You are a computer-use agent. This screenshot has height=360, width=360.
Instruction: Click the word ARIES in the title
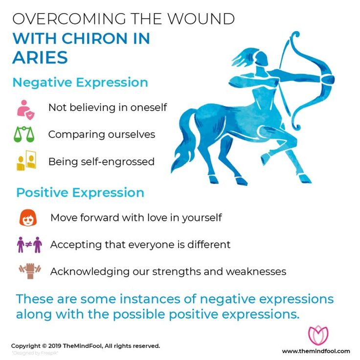(x=40, y=57)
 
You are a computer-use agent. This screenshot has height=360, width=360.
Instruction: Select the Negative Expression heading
(x=80, y=82)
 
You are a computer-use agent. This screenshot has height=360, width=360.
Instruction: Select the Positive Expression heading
(x=80, y=192)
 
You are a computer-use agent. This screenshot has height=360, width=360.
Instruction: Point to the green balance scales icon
(x=25, y=135)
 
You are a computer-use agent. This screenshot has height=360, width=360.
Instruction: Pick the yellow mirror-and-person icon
(x=25, y=161)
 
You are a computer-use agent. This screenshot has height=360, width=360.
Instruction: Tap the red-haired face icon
(x=28, y=218)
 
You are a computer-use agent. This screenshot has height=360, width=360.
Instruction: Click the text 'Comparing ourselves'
(x=101, y=134)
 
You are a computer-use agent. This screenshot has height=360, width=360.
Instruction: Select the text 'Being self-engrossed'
(x=101, y=161)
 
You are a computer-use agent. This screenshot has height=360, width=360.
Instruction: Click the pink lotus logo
(x=318, y=334)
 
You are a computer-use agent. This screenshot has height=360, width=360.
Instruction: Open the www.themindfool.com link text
(x=316, y=351)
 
